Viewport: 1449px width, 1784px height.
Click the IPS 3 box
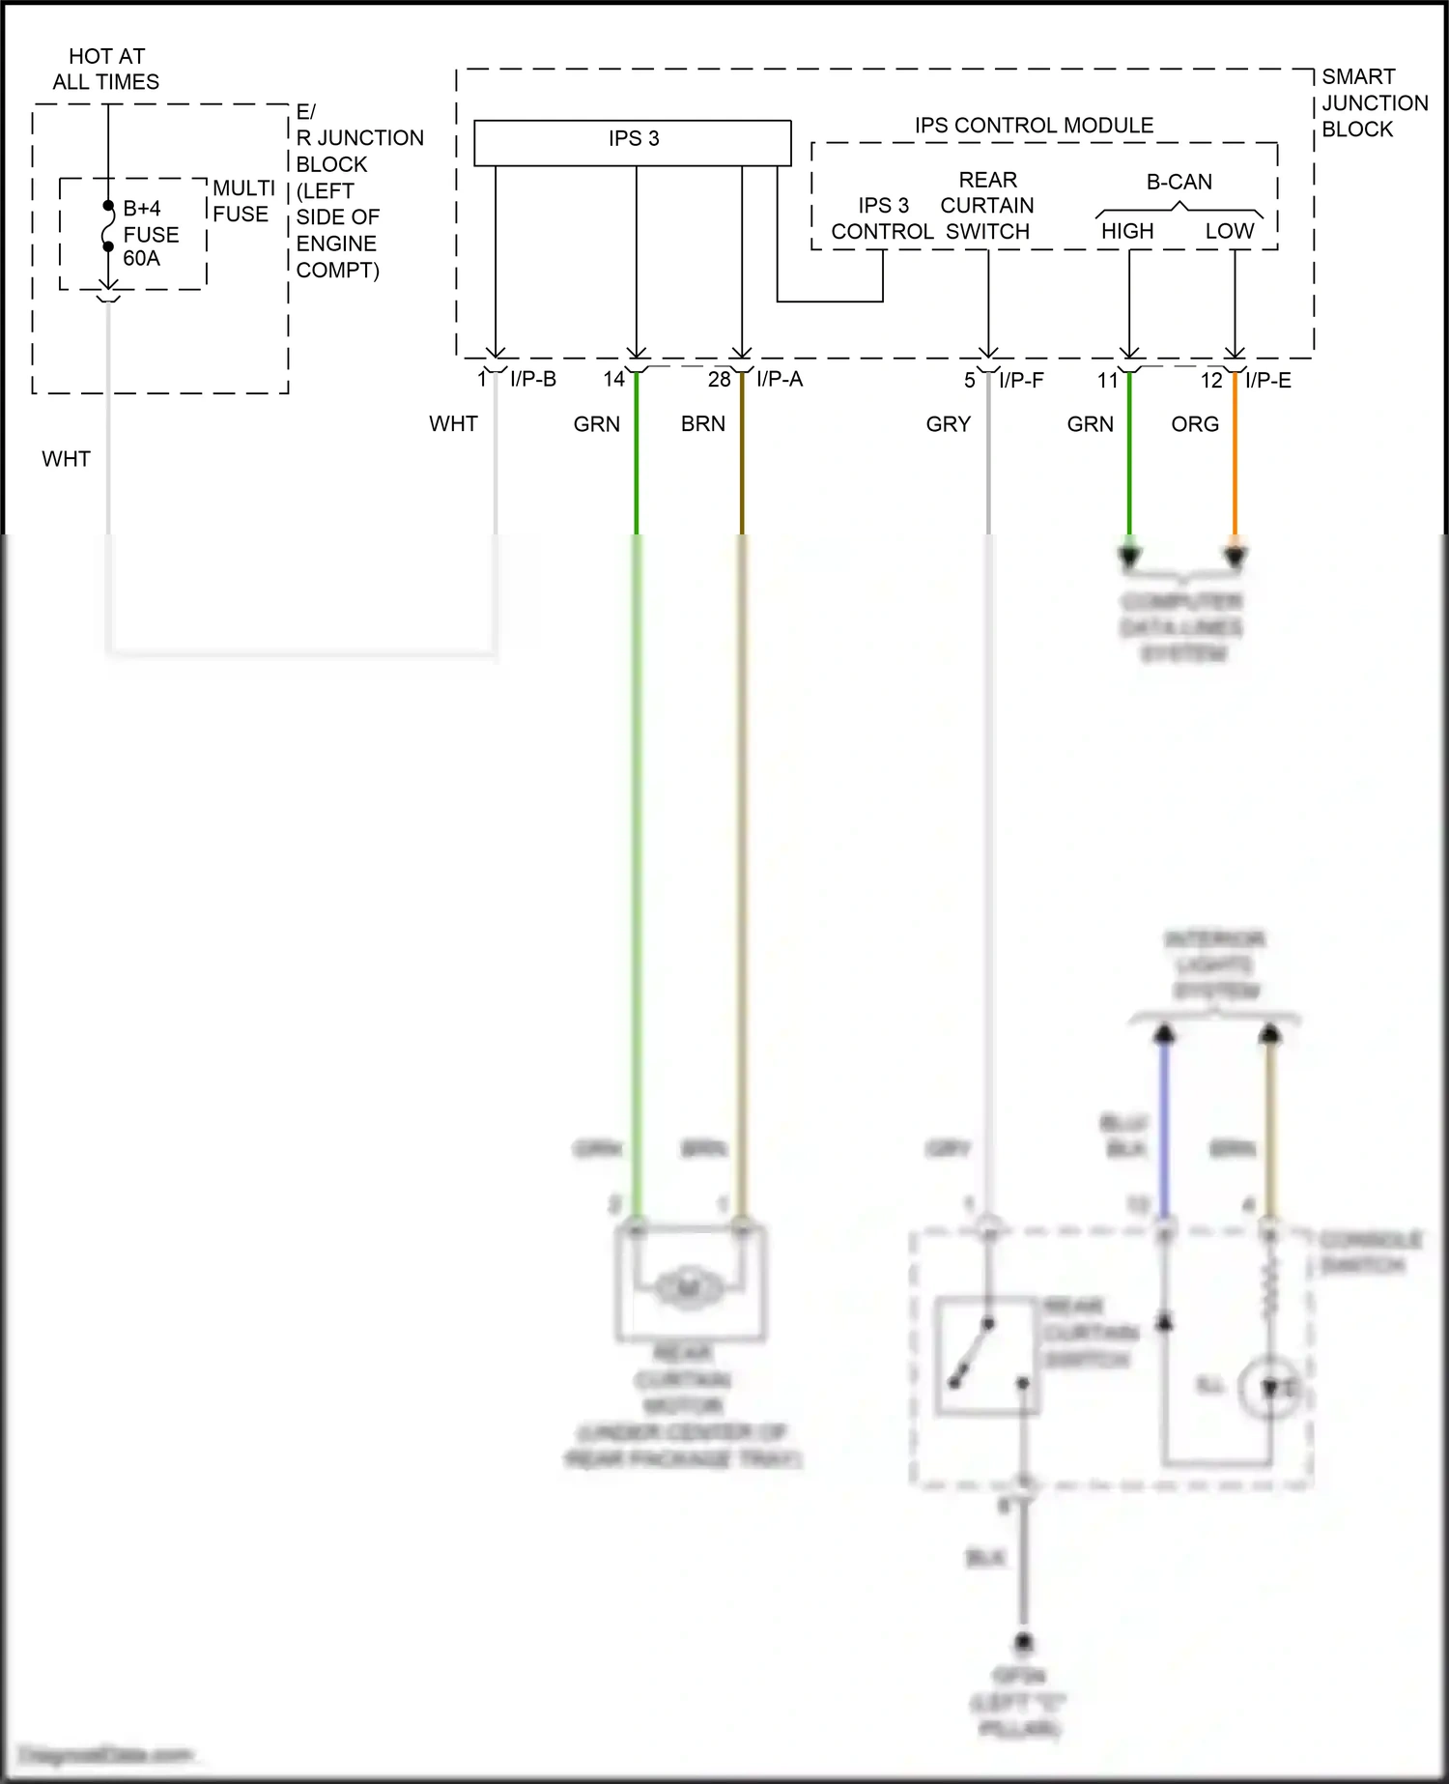[633, 142]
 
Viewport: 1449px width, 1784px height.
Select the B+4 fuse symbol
[108, 227]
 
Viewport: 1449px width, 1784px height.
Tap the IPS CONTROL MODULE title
[1034, 126]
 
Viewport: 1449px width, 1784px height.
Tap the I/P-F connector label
[1021, 380]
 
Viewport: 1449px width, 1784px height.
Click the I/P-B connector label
[533, 379]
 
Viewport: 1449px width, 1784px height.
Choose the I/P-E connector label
[1268, 380]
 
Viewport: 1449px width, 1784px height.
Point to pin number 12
[1211, 381]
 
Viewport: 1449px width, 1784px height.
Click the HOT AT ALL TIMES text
[106, 69]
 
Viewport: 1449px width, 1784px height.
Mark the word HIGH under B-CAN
[1127, 231]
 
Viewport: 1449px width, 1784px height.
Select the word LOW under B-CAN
[1229, 231]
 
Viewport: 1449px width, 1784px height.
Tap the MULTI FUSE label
[243, 201]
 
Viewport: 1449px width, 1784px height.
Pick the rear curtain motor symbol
[688, 1286]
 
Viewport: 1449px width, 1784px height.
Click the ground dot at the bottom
[1023, 1641]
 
